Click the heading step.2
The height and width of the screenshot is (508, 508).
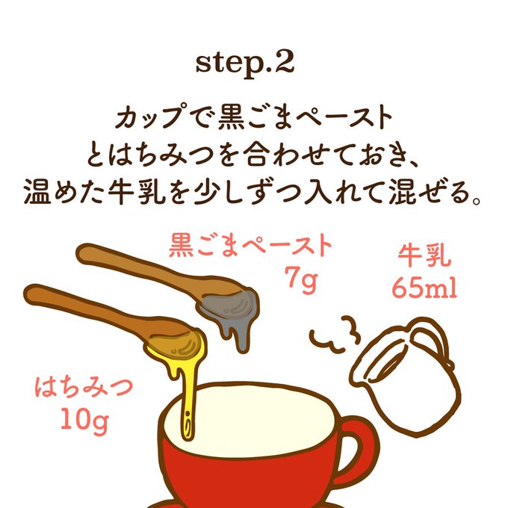(245, 63)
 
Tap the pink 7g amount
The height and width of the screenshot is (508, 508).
(300, 279)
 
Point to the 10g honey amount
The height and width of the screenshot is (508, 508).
(84, 420)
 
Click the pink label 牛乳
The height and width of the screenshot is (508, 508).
(424, 255)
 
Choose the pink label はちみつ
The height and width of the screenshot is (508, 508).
(84, 387)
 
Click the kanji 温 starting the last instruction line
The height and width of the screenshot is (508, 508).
(37, 191)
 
